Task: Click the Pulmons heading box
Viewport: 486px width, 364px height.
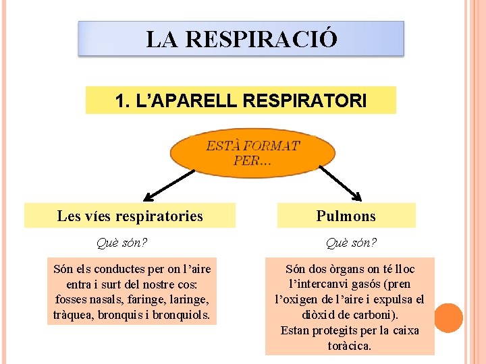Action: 346,216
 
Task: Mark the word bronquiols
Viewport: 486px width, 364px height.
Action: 183,315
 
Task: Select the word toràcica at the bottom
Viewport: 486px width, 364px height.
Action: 349,346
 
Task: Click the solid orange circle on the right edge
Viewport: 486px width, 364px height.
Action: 448,318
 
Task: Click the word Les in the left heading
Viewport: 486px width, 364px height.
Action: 69,216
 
